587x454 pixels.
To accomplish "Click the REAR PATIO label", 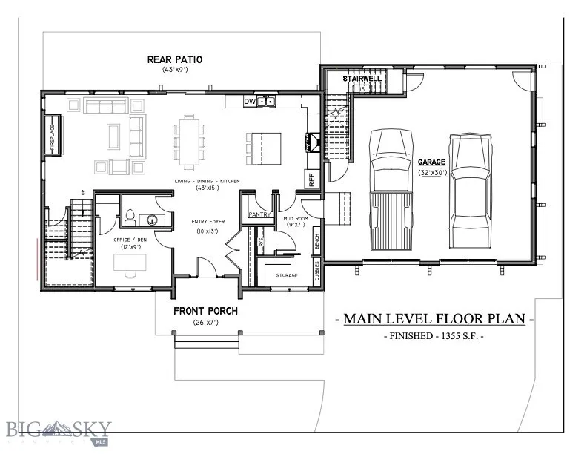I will coord(175,59).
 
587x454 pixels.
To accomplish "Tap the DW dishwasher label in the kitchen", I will coord(250,102).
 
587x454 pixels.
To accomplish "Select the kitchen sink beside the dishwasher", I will coord(267,102).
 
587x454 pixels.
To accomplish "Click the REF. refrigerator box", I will coord(311,178).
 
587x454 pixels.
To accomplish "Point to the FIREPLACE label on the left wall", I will coord(53,135).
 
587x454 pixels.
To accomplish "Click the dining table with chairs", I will coord(189,141).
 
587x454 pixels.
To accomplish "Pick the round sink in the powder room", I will coord(153,220).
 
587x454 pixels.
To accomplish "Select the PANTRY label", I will coord(259,214).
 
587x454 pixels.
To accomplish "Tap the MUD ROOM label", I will coord(296,219).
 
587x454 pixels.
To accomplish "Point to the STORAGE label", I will coord(287,275).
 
